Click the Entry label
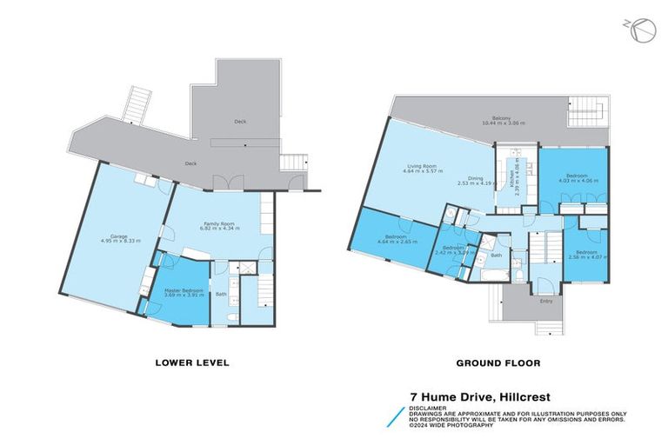coord(546,302)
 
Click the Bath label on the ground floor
coord(497,256)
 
